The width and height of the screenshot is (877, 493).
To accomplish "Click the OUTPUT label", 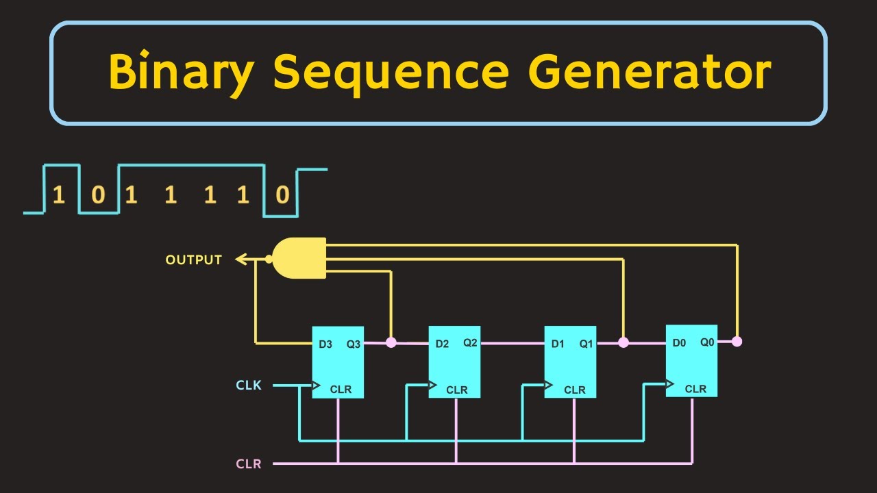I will (x=194, y=260).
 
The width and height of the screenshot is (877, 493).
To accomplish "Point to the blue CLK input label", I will (x=249, y=385).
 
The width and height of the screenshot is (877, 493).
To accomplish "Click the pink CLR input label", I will (x=249, y=464).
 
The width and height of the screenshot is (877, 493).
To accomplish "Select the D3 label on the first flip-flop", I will (x=325, y=344).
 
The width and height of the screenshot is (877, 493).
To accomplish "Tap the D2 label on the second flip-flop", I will (x=443, y=344).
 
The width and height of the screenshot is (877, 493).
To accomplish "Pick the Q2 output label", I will (x=470, y=342).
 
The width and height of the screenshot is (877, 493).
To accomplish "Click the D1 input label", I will (x=558, y=344).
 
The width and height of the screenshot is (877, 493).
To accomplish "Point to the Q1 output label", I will (x=586, y=344).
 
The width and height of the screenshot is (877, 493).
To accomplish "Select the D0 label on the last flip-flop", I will (x=679, y=342).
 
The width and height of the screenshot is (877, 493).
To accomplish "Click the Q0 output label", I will (x=707, y=342).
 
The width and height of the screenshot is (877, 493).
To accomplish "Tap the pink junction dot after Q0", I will (x=737, y=342).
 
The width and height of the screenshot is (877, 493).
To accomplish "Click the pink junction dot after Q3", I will (x=391, y=342).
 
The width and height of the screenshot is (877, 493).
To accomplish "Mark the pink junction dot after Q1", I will (x=623, y=342).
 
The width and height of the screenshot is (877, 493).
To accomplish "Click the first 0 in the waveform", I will (x=98, y=197).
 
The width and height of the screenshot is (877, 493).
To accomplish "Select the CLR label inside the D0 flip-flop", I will (x=695, y=389).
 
